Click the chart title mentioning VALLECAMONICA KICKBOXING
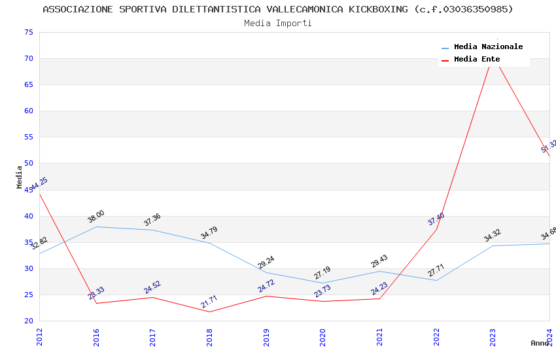click(278, 9)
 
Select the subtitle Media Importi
click(278, 23)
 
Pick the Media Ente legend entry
click(477, 59)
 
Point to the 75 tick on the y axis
click(28, 32)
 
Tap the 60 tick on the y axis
click(28, 111)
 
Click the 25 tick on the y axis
click(28, 295)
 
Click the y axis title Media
click(20, 177)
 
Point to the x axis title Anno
click(540, 343)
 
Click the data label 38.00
click(96, 217)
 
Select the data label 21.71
click(209, 302)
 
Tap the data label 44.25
click(39, 184)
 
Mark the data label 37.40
click(436, 219)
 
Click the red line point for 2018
click(209, 312)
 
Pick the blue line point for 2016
click(96, 226)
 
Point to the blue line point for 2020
click(322, 283)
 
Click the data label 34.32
click(493, 236)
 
